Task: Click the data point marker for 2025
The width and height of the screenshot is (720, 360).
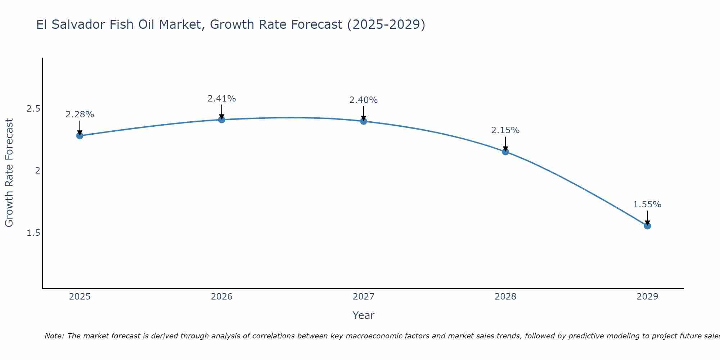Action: (x=80, y=136)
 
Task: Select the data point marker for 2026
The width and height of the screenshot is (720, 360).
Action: (x=222, y=120)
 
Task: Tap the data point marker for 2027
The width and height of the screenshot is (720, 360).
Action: (x=364, y=121)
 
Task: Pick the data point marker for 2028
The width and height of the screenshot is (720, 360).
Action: (x=505, y=152)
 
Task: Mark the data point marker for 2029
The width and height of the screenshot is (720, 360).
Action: (x=647, y=226)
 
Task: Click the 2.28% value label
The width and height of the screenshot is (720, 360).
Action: (x=80, y=114)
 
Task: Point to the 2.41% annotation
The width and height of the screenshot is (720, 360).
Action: (x=222, y=98)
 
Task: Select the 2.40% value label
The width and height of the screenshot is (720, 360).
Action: (x=364, y=100)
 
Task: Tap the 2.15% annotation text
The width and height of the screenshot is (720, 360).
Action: (x=505, y=130)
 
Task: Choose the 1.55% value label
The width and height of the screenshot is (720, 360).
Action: (x=647, y=204)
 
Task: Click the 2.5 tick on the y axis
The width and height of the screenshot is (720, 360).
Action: (x=33, y=109)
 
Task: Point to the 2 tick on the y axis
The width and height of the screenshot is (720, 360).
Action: (x=37, y=171)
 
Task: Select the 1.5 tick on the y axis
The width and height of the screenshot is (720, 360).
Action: (x=33, y=233)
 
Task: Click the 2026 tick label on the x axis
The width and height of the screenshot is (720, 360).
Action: (x=222, y=297)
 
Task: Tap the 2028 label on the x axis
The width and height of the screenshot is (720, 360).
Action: (x=505, y=297)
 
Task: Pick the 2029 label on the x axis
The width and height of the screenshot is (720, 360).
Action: (x=647, y=297)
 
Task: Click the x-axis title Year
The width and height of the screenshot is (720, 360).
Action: (x=364, y=315)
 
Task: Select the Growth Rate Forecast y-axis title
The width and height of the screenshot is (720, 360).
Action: (x=9, y=173)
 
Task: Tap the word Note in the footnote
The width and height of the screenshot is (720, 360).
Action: (x=54, y=336)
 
